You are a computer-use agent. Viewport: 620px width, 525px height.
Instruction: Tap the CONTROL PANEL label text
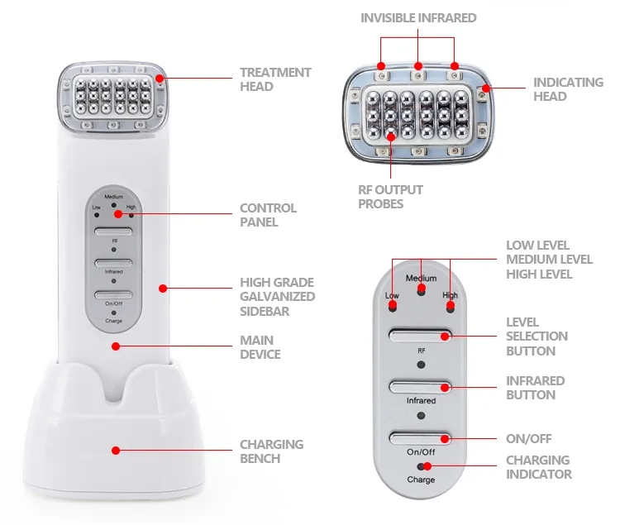tap(268, 215)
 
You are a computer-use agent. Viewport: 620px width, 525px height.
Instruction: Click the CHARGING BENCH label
tap(271, 451)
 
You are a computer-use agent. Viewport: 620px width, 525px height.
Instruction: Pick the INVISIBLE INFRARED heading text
tap(418, 17)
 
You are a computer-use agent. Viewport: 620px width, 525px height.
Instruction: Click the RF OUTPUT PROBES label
tap(390, 197)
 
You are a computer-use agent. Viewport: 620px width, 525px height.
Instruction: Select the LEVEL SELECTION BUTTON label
tap(537, 336)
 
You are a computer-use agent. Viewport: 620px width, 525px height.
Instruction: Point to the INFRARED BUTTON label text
tap(535, 388)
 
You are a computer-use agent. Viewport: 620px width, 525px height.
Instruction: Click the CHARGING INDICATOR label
tap(538, 467)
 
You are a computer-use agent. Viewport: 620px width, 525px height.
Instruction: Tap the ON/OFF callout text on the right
tap(528, 439)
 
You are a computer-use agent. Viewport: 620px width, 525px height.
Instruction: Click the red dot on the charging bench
tap(116, 451)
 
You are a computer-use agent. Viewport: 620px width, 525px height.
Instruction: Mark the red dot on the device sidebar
tap(163, 289)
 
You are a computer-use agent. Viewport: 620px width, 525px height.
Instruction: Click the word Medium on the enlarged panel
tap(422, 278)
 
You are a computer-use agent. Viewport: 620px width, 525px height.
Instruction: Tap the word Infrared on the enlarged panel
tap(421, 401)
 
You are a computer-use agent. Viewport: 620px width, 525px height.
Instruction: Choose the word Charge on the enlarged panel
tap(421, 480)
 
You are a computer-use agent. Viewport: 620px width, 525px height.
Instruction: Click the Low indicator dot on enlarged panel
tap(393, 307)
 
